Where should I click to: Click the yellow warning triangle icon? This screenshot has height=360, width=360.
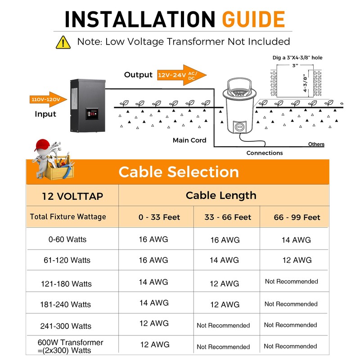pos(63,42)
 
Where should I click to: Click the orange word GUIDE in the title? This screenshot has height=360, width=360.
pos(253,19)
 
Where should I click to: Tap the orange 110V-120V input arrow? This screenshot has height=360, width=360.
pos(48,99)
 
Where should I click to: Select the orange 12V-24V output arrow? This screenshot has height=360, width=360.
pos(182,75)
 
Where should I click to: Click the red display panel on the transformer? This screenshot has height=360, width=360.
pos(92,114)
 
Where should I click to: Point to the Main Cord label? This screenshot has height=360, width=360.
pos(189,140)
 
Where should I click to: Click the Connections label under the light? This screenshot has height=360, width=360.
pos(265,153)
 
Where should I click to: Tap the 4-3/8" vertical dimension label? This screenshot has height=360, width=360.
pos(305,83)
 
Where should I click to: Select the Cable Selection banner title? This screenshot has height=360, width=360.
pos(179,172)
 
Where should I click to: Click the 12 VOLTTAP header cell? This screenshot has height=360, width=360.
pos(72,196)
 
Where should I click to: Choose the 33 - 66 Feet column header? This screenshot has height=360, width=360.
pos(228,217)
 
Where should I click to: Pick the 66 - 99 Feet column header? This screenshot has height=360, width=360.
pos(297,217)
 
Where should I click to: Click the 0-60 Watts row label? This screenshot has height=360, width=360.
pos(67,239)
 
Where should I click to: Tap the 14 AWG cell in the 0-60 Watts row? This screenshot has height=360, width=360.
pos(296,240)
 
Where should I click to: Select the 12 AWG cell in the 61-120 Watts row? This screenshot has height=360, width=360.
pos(297,260)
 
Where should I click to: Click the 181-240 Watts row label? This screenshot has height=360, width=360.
pos(65,305)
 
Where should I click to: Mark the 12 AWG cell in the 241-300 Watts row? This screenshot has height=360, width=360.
pos(154,323)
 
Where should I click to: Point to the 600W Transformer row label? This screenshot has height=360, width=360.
pos(70,346)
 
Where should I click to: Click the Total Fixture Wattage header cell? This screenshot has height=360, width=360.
pos(68,217)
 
